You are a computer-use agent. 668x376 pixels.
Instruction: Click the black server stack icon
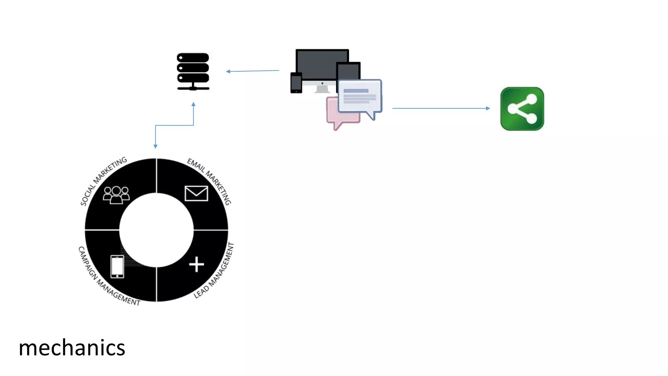coord(193,71)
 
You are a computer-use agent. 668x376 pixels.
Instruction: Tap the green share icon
coord(522,109)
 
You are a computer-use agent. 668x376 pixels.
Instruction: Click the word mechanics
coord(72,348)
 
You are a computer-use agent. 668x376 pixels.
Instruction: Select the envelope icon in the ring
coord(196,193)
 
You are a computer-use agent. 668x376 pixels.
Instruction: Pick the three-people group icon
coord(116,195)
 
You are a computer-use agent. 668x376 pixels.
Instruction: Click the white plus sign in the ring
coord(196,264)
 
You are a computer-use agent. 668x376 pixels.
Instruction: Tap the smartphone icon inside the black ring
coord(117,267)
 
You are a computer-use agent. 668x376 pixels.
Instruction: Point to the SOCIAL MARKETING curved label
coord(103,180)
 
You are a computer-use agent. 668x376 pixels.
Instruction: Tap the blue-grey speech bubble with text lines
coord(359,96)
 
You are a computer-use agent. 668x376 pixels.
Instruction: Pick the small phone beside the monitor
coord(296,83)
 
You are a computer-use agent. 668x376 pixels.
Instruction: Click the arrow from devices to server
coord(252,71)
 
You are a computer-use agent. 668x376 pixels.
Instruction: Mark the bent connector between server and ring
coord(175,125)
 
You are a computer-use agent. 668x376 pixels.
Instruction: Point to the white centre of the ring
coord(156,230)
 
